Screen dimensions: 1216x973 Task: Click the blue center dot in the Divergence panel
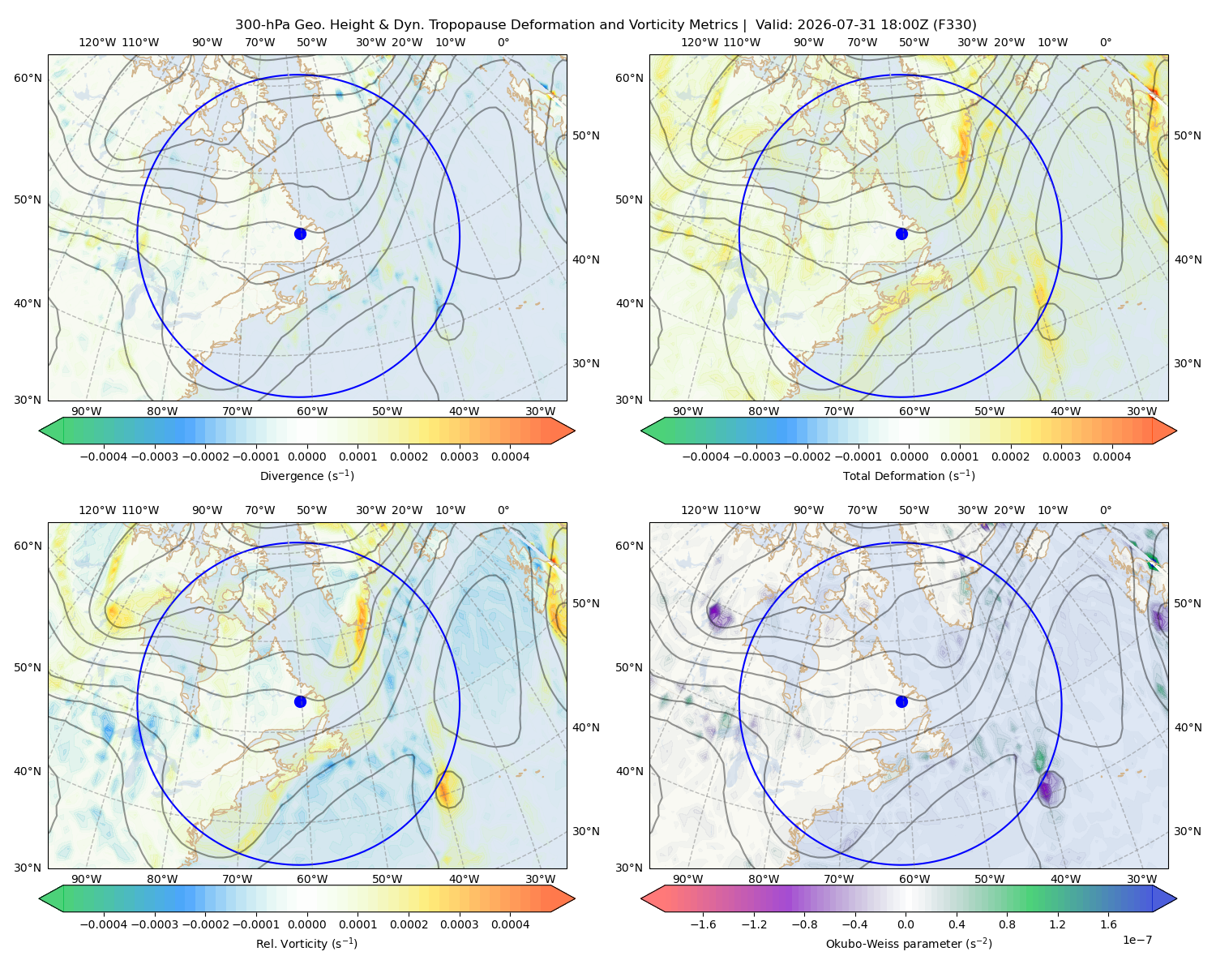300,234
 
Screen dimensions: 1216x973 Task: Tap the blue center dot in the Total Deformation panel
901,234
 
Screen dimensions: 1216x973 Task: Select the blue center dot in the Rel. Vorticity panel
300,701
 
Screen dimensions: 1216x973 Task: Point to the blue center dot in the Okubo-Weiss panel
901,701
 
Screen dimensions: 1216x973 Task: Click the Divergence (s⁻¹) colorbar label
306,476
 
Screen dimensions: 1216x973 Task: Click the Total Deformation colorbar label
909,476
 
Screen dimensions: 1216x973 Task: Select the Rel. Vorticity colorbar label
306,944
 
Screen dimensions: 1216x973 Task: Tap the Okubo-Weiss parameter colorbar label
909,944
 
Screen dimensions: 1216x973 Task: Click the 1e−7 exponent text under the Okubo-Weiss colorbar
1137,940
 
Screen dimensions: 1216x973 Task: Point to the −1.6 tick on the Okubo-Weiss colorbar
703,924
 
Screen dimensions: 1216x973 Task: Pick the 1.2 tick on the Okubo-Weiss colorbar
1057,924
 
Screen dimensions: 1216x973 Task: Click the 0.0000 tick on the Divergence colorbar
306,456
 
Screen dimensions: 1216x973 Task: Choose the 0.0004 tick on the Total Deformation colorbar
1112,456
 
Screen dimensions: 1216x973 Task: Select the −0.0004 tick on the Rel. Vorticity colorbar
104,924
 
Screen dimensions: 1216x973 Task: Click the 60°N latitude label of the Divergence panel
28,78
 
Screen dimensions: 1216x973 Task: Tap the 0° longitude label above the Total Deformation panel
1105,42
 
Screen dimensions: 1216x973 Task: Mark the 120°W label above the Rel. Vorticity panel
97,510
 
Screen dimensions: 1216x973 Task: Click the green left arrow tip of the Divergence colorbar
40,431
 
